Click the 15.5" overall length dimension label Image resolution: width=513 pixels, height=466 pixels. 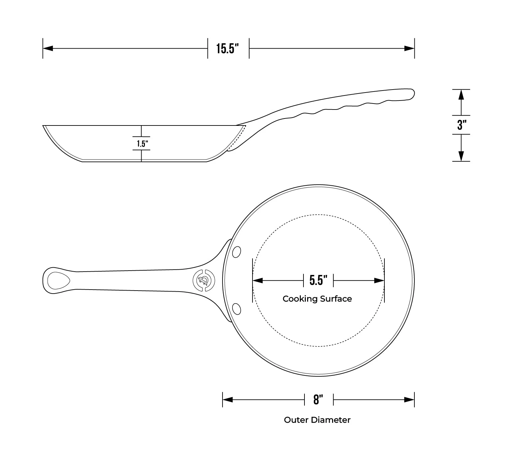click(x=228, y=49)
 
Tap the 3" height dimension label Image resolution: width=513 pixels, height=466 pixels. click(x=461, y=125)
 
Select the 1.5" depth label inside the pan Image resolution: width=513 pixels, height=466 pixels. click(x=142, y=144)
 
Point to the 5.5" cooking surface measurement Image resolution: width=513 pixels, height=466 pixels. click(x=318, y=280)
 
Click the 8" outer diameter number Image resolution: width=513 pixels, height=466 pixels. click(x=318, y=399)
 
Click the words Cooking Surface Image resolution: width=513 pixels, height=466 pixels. click(x=317, y=299)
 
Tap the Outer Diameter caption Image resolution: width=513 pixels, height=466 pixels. click(x=317, y=420)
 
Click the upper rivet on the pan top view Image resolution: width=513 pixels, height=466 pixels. click(x=237, y=252)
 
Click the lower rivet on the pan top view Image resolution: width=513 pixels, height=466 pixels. click(x=237, y=309)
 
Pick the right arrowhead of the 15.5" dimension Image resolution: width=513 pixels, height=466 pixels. click(x=409, y=49)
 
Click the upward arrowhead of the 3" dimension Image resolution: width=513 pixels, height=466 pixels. click(x=461, y=95)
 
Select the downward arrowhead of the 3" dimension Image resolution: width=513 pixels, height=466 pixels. click(x=461, y=156)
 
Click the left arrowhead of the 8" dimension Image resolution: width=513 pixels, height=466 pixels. click(x=228, y=399)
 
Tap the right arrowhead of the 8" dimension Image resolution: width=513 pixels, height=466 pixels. click(x=409, y=399)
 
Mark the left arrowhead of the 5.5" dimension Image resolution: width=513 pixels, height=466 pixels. click(x=258, y=281)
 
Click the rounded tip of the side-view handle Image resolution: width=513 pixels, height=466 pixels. click(x=412, y=94)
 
